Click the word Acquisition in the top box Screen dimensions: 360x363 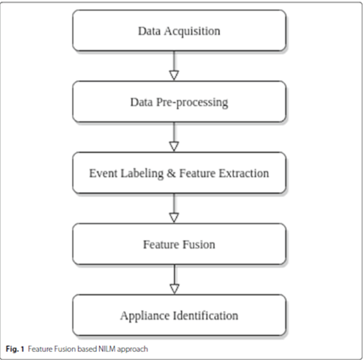click(195, 31)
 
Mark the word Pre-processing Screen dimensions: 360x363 click(197, 103)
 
